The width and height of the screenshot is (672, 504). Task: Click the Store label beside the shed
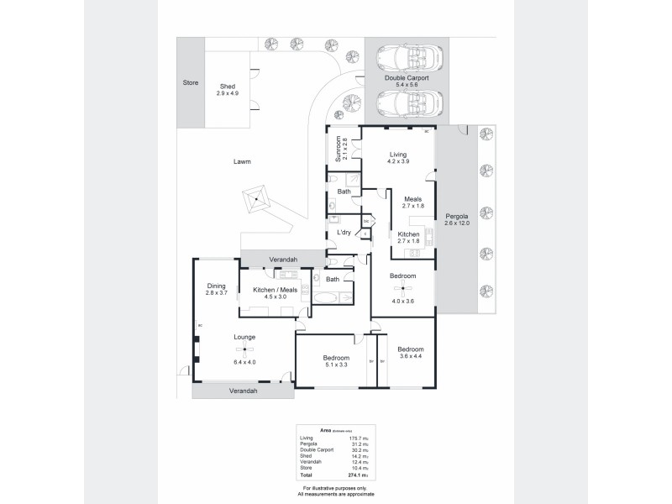191,83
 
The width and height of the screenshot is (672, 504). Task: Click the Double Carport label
407,77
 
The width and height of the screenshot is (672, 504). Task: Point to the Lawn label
244,161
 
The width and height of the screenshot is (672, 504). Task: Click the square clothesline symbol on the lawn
255,201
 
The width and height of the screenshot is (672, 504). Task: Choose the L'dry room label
344,232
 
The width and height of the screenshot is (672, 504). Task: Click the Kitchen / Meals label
275,290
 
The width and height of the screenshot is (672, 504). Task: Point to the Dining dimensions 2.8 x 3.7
217,293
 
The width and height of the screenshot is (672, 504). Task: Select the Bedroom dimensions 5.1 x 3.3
336,365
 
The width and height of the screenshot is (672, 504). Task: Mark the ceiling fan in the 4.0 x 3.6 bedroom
403,289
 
